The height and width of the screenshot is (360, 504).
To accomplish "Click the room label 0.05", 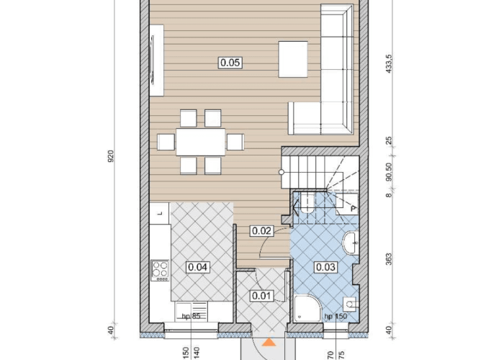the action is [x=230, y=63].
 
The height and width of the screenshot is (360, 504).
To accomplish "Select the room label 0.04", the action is [x=198, y=267].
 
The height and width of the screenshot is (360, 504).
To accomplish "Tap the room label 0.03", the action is [x=325, y=267].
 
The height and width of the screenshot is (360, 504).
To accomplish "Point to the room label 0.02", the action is [x=262, y=231].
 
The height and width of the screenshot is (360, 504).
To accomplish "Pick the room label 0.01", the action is [x=261, y=296].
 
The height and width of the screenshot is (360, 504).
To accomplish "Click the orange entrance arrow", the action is [x=269, y=342].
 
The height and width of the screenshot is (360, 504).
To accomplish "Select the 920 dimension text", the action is [x=111, y=156].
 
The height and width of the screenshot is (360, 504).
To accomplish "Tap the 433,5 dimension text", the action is [x=389, y=63].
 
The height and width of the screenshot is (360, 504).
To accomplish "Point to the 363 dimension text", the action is [x=389, y=259].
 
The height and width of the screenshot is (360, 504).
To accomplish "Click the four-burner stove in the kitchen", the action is [x=160, y=270].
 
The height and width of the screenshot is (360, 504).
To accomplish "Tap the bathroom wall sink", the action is [x=351, y=243].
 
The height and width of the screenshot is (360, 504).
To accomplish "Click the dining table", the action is [x=201, y=142].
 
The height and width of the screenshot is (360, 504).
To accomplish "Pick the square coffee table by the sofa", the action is [x=293, y=59].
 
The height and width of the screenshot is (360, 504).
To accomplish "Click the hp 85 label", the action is [x=191, y=316].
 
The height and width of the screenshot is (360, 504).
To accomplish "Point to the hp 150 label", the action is [x=336, y=316].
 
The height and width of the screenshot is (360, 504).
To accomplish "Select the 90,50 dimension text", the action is [x=389, y=172].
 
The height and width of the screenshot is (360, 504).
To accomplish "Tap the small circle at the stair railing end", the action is [x=282, y=172].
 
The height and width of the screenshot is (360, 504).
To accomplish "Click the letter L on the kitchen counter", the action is [x=161, y=213].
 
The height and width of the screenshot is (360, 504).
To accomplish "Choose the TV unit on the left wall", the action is [x=156, y=60].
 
